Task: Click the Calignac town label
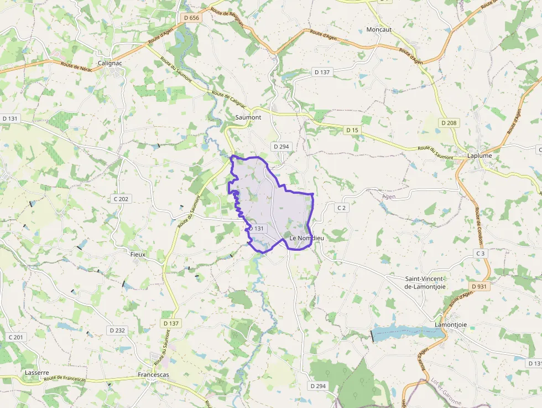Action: (x=110, y=63)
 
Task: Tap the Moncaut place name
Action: (x=379, y=29)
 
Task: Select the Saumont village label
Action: (x=248, y=117)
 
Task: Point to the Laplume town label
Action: (x=480, y=156)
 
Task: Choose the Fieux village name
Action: (x=137, y=254)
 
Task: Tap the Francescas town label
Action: (x=153, y=375)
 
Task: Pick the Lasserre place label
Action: (x=37, y=373)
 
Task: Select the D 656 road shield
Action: (x=191, y=18)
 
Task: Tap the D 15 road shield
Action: (x=352, y=130)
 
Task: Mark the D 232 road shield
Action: (x=117, y=330)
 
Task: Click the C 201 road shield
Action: (x=16, y=337)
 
